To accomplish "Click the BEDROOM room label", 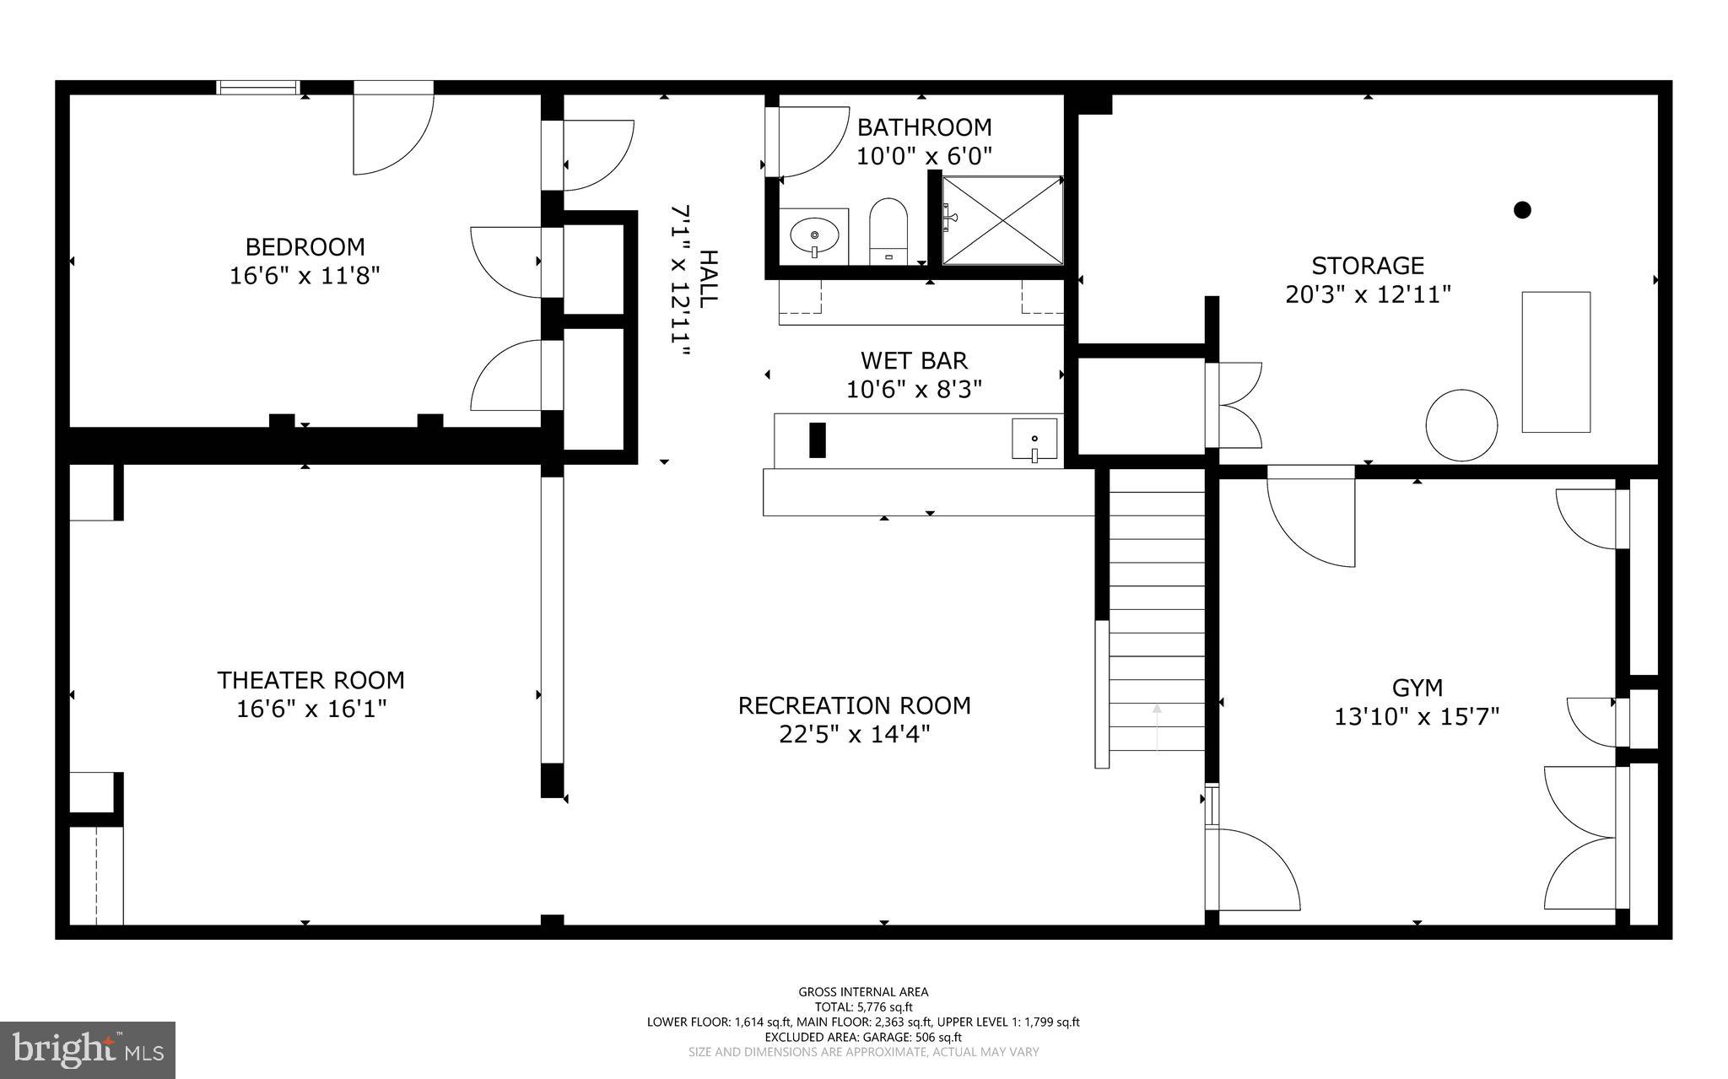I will [305, 247].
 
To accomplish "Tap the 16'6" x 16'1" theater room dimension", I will [311, 709].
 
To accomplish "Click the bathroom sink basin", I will [814, 235].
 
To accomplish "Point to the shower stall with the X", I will [1002, 220].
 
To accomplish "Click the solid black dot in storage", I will [1522, 210].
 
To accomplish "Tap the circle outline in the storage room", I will [1461, 424].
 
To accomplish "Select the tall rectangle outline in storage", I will [1556, 362].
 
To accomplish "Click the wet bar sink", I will [1034, 440].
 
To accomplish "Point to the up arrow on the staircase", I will [1157, 726].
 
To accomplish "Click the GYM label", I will [1417, 688].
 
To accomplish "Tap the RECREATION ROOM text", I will [854, 705].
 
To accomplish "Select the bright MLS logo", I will [88, 1049].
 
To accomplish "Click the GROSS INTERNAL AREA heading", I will [863, 992].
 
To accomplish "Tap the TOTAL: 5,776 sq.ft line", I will [863, 1007].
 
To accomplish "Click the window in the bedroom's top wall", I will [258, 87].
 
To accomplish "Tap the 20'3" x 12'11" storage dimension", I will [1368, 294].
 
